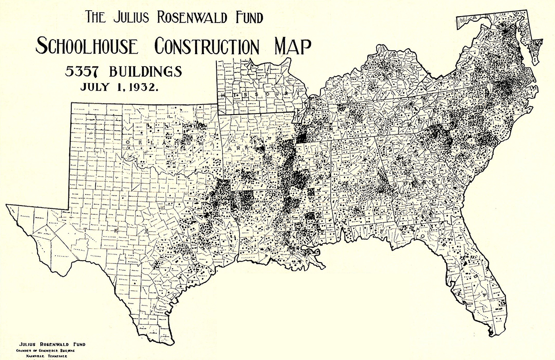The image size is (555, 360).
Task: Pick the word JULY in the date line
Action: (95, 87)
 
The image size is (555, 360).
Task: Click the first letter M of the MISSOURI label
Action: (223, 95)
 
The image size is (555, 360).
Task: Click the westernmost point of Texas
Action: (7, 205)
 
